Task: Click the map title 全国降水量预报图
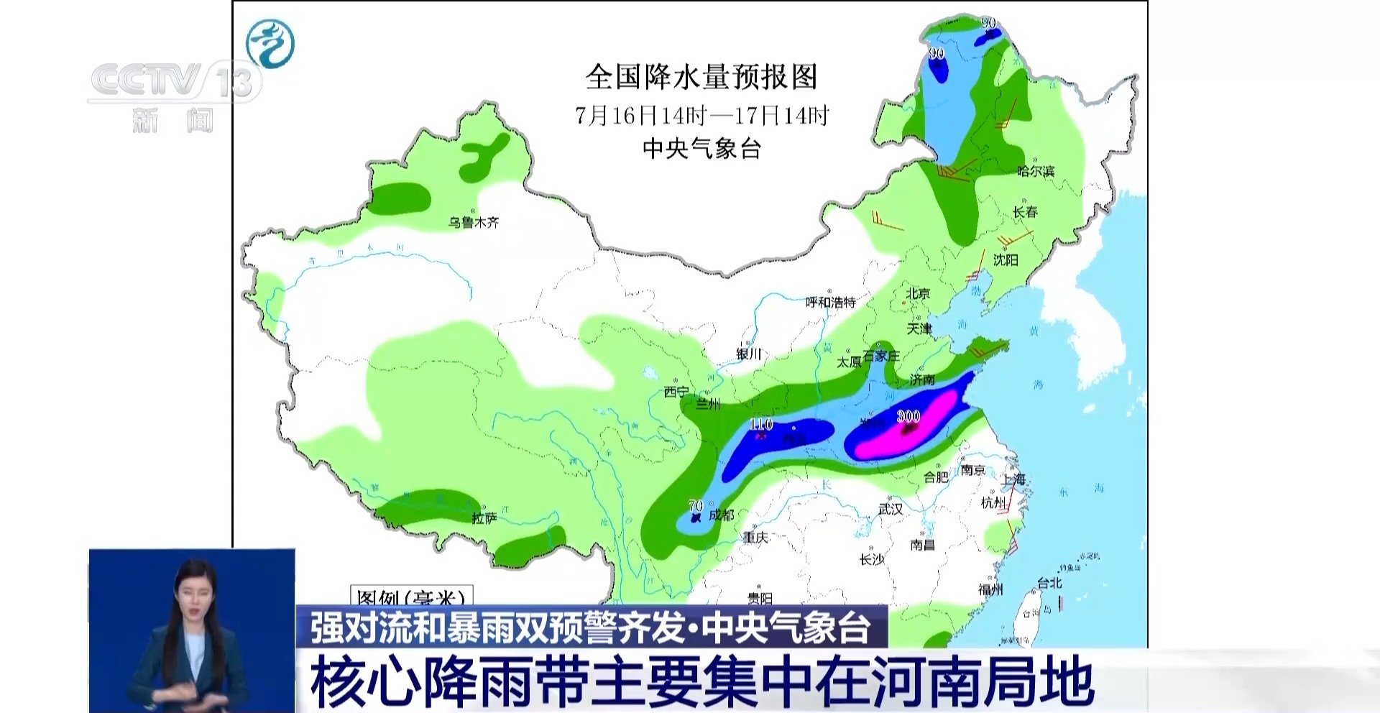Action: click(701, 77)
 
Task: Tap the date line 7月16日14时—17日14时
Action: click(701, 115)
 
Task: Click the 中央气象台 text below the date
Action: click(701, 149)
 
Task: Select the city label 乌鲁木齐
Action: click(474, 223)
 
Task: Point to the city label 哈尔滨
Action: click(1036, 171)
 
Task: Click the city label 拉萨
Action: click(484, 518)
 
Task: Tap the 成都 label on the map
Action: click(721, 515)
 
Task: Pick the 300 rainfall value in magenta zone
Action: click(908, 416)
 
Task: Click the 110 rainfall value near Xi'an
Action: click(760, 424)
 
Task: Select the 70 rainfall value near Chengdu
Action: click(695, 506)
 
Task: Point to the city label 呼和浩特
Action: click(831, 303)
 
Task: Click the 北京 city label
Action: click(918, 293)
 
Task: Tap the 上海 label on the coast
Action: click(1014, 479)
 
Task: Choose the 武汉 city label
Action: click(891, 509)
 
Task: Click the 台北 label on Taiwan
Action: click(1049, 584)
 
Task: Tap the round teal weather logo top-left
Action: click(270, 43)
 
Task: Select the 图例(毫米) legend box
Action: click(411, 597)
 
